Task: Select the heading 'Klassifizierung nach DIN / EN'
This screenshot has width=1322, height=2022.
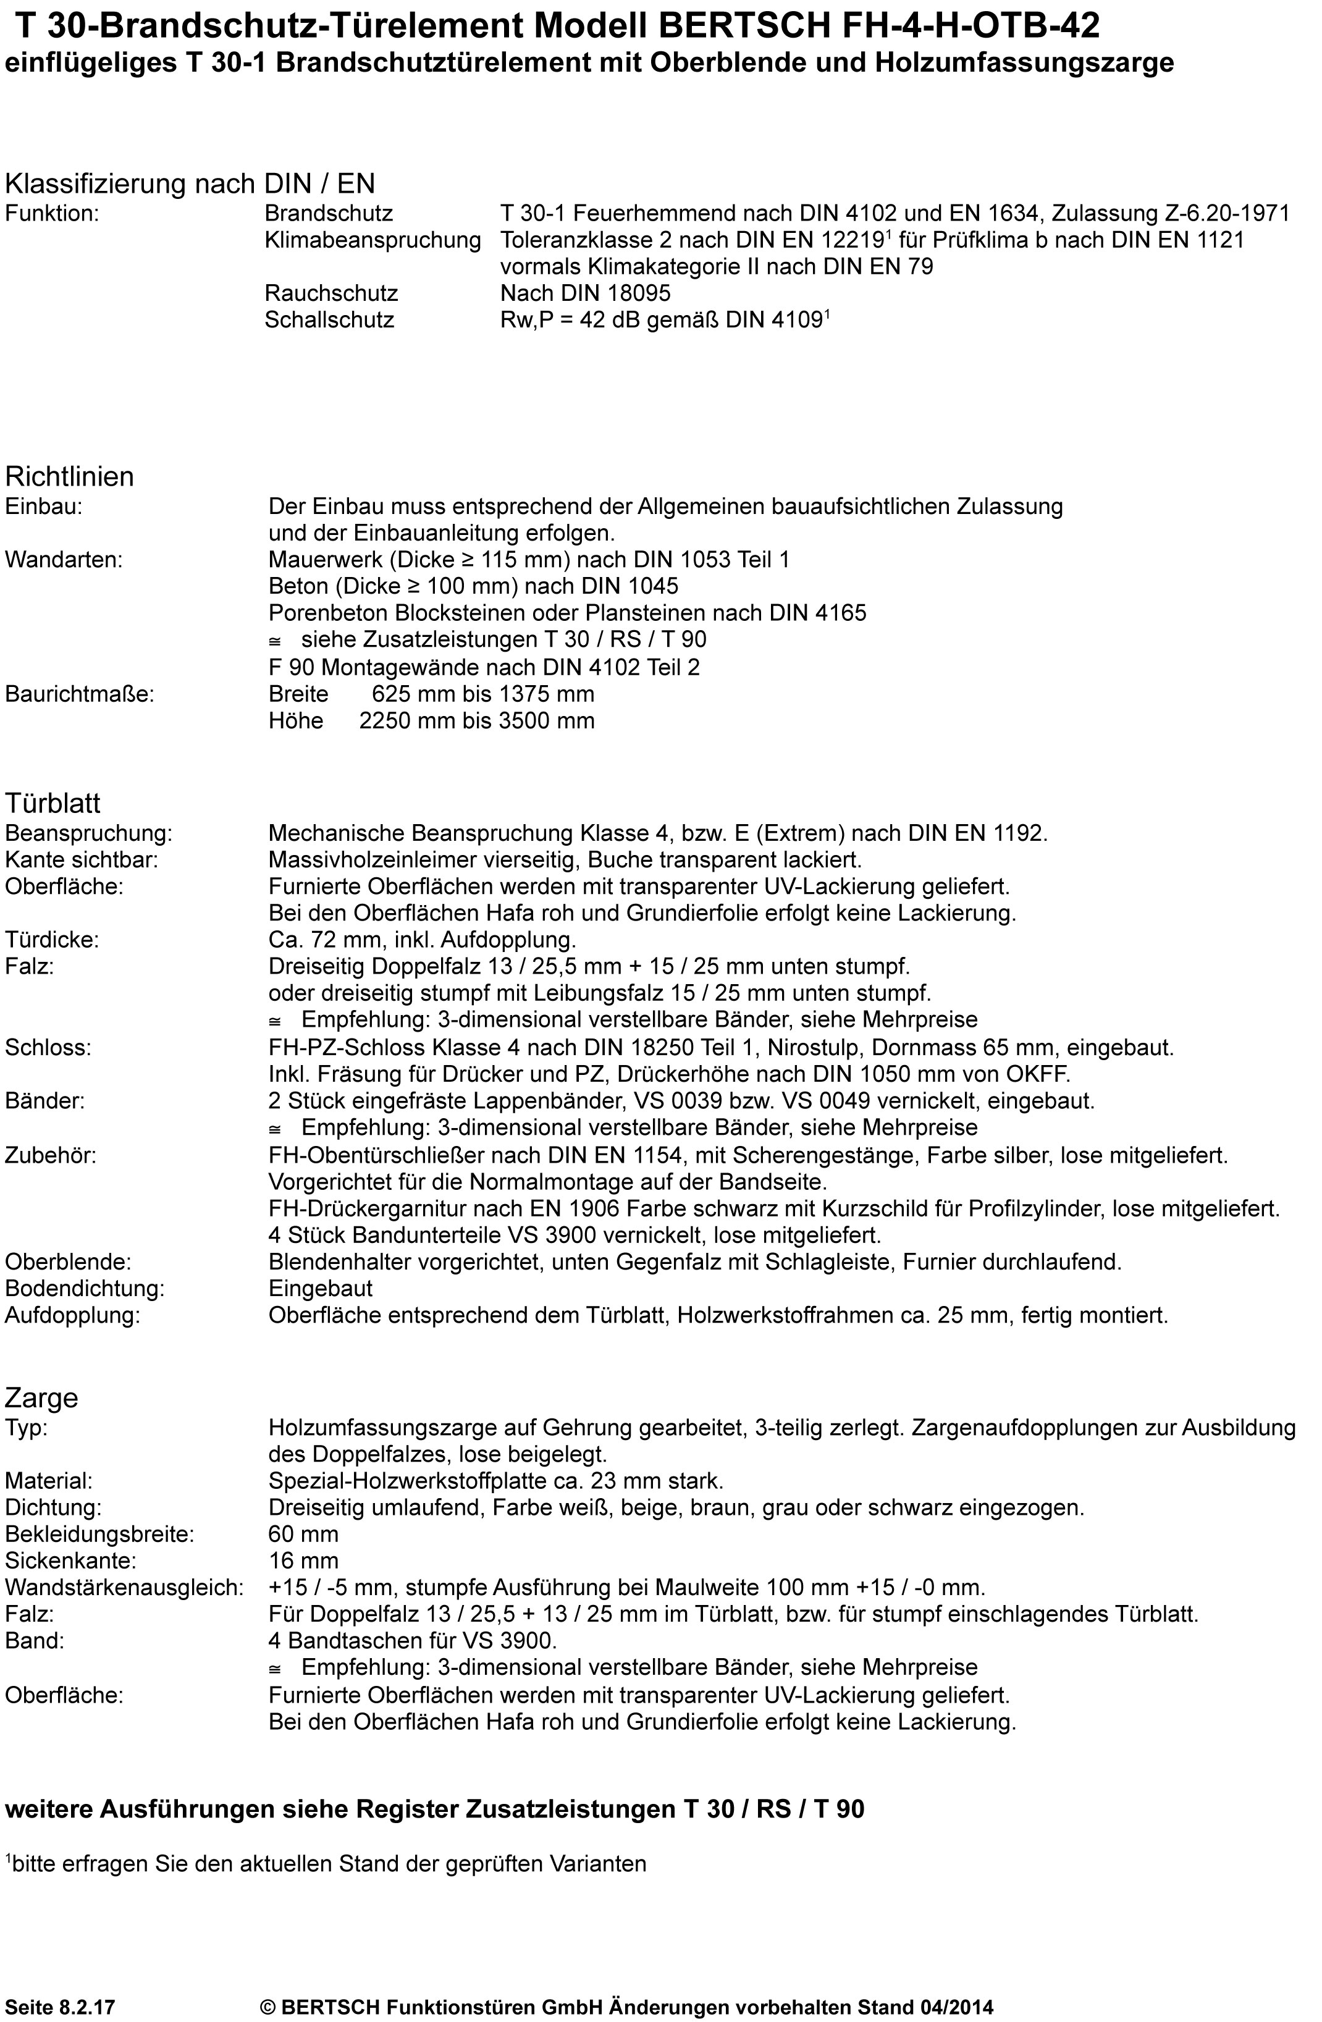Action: pos(190,183)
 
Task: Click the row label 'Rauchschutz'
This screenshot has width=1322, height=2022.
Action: pos(331,293)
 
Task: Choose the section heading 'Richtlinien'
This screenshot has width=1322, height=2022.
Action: pos(70,476)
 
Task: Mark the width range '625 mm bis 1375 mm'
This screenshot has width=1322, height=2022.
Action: pos(482,694)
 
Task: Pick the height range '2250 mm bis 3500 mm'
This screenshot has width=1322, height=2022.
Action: pos(477,722)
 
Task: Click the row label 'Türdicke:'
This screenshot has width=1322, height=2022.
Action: pos(52,940)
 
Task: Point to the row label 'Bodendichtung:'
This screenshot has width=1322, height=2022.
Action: pos(84,1289)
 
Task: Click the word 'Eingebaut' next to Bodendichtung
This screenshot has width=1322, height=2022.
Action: pos(320,1289)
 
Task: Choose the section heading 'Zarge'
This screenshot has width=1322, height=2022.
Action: pos(41,1397)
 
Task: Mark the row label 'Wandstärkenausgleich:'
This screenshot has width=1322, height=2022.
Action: pos(124,1588)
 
